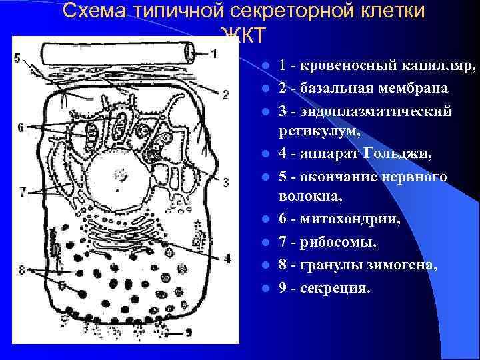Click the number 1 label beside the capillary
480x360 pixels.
[213, 53]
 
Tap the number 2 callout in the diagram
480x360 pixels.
[225, 94]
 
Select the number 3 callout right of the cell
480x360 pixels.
[226, 181]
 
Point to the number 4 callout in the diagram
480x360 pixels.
[227, 257]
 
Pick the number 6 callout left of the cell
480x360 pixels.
[21, 127]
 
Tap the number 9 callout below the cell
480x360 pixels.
[189, 331]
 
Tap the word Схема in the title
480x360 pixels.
[95, 11]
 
